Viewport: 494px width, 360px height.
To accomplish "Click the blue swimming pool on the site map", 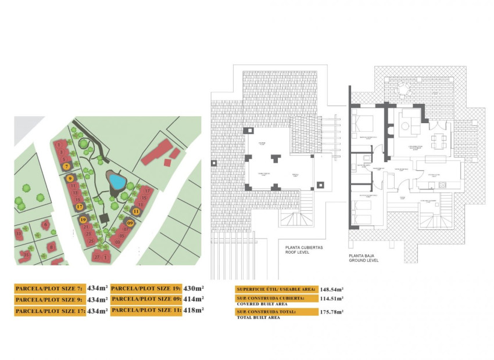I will click(117, 182).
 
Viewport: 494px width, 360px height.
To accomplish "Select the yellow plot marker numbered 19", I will click(84, 220).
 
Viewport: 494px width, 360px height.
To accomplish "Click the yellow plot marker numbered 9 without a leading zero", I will click(70, 179).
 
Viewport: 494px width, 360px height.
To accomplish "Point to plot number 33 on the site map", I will click(19, 234).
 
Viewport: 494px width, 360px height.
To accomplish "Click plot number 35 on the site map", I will click(26, 254).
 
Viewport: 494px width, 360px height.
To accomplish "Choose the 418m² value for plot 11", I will click(194, 311).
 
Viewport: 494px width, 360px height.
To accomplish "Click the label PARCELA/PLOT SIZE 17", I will click(50, 311).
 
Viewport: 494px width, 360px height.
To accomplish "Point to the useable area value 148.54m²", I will click(331, 289).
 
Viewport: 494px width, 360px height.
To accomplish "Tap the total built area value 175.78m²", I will click(331, 312).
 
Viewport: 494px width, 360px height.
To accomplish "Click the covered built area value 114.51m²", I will click(331, 298).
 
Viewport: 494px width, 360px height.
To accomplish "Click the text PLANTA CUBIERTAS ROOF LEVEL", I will click(303, 250).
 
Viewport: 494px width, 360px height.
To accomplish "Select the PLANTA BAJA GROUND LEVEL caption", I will click(364, 258).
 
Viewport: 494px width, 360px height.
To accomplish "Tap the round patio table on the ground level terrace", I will click(402, 89).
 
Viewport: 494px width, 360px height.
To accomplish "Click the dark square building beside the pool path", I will click(104, 218).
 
